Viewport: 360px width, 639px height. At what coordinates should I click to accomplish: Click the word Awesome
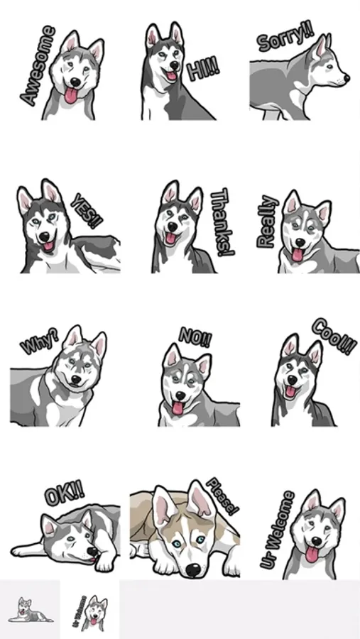[x=38, y=65]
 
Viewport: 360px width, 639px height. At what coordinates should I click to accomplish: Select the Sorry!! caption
[x=285, y=38]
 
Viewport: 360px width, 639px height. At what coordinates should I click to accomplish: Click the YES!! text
[x=87, y=211]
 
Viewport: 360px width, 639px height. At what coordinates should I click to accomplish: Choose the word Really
[x=268, y=222]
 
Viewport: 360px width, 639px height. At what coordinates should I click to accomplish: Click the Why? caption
[x=40, y=340]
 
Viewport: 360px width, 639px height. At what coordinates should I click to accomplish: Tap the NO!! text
[x=195, y=337]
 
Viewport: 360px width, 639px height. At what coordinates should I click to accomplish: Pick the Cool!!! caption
[x=334, y=337]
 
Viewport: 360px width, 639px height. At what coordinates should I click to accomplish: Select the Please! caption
[x=222, y=496]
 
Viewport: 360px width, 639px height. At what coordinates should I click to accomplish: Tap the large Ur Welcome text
[x=277, y=530]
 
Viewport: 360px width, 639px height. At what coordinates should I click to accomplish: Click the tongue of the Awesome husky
[x=71, y=95]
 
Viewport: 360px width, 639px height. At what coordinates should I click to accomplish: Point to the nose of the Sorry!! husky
[x=347, y=77]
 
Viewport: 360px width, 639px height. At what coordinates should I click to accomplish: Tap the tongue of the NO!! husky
[x=178, y=408]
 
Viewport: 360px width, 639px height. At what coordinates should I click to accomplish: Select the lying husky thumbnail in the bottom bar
[x=30, y=610]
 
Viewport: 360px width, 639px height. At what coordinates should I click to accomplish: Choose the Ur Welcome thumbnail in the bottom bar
[x=89, y=610]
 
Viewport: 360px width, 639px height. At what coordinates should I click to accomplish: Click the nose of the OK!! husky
[x=93, y=552]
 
